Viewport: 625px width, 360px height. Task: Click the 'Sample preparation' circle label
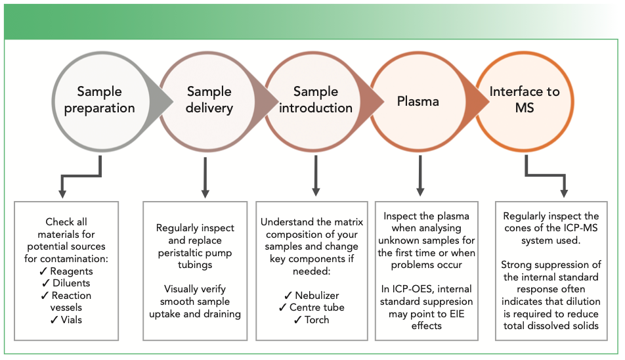pyautogui.click(x=99, y=100)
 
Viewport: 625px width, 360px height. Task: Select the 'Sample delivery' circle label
pyautogui.click(x=209, y=100)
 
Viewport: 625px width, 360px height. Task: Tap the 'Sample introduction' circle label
pyautogui.click(x=316, y=100)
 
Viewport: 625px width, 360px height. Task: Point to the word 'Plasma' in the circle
pyautogui.click(x=419, y=102)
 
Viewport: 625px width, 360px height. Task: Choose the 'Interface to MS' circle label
pyautogui.click(x=525, y=99)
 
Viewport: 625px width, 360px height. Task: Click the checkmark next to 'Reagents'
pyautogui.click(x=45, y=271)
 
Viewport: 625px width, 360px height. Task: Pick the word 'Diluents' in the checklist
pyautogui.click(x=73, y=283)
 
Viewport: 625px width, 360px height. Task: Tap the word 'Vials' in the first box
pyautogui.click(x=73, y=320)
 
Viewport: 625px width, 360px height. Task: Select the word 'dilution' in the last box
pyautogui.click(x=577, y=301)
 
